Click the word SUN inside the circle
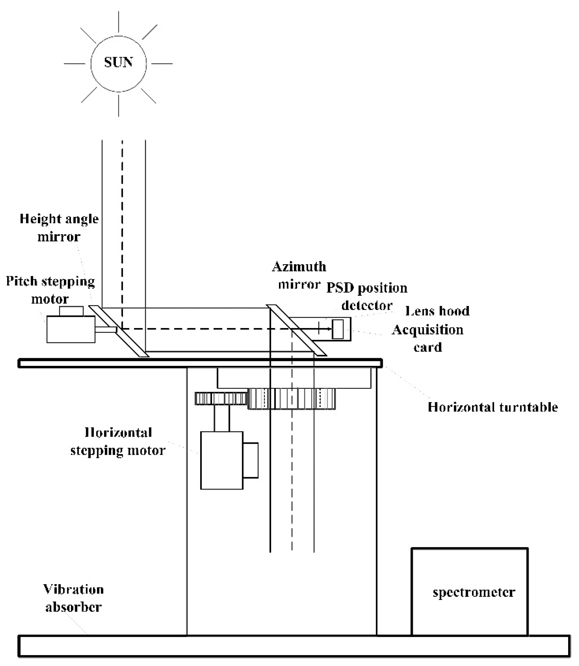tap(118, 62)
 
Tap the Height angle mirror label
tap(59, 228)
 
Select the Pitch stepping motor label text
tap(51, 290)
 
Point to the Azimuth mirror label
tap(299, 275)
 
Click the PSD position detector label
tap(367, 296)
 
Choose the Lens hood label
tap(437, 311)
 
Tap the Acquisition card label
tap(427, 338)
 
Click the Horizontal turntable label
tap(493, 407)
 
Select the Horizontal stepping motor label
tap(118, 442)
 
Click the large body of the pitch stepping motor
tap(71, 329)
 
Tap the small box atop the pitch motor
tap(71, 311)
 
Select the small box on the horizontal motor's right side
tap(250, 460)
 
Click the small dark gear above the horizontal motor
tap(221, 398)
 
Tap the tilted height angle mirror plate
tap(119, 331)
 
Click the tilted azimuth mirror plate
tap(296, 330)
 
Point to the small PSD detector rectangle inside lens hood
tap(338, 329)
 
